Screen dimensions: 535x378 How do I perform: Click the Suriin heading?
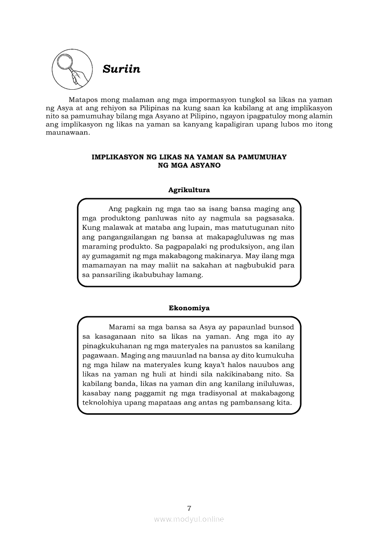(x=121, y=69)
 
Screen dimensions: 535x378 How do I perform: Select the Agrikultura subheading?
(x=189, y=189)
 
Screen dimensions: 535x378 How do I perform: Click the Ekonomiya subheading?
(x=189, y=308)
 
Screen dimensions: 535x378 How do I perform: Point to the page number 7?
(x=189, y=508)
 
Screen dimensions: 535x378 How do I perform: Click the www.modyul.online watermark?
(x=189, y=519)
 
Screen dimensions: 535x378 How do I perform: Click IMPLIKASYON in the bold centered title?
(x=118, y=157)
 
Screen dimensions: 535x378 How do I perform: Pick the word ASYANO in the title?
(x=207, y=165)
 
